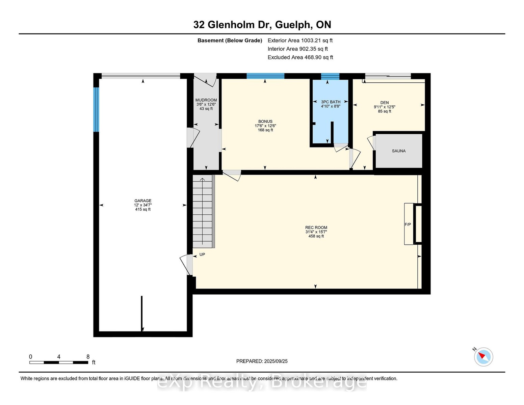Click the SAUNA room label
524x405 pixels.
pyautogui.click(x=399, y=151)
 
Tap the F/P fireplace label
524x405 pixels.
pyautogui.click(x=408, y=224)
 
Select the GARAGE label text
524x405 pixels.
pyautogui.click(x=143, y=201)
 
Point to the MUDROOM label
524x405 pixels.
pyautogui.click(x=206, y=100)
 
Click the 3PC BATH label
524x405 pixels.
pyautogui.click(x=331, y=102)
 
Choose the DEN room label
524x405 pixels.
pyautogui.click(x=384, y=103)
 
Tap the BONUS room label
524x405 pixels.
pyautogui.click(x=265, y=122)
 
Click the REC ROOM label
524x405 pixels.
pyautogui.click(x=316, y=227)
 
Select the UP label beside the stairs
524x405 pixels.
pyautogui.click(x=202, y=254)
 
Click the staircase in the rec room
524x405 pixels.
pyautogui.click(x=204, y=211)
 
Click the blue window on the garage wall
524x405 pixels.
pyautogui.click(x=96, y=109)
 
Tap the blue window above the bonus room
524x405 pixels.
pyautogui.click(x=265, y=76)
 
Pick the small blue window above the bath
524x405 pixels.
pyautogui.click(x=330, y=76)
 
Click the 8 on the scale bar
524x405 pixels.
pyautogui.click(x=88, y=357)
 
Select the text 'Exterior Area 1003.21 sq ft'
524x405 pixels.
pyautogui.click(x=300, y=40)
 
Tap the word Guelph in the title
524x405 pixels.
pyautogui.click(x=292, y=25)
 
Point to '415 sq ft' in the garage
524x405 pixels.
pyautogui.click(x=143, y=209)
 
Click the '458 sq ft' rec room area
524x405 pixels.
pyautogui.click(x=316, y=236)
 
